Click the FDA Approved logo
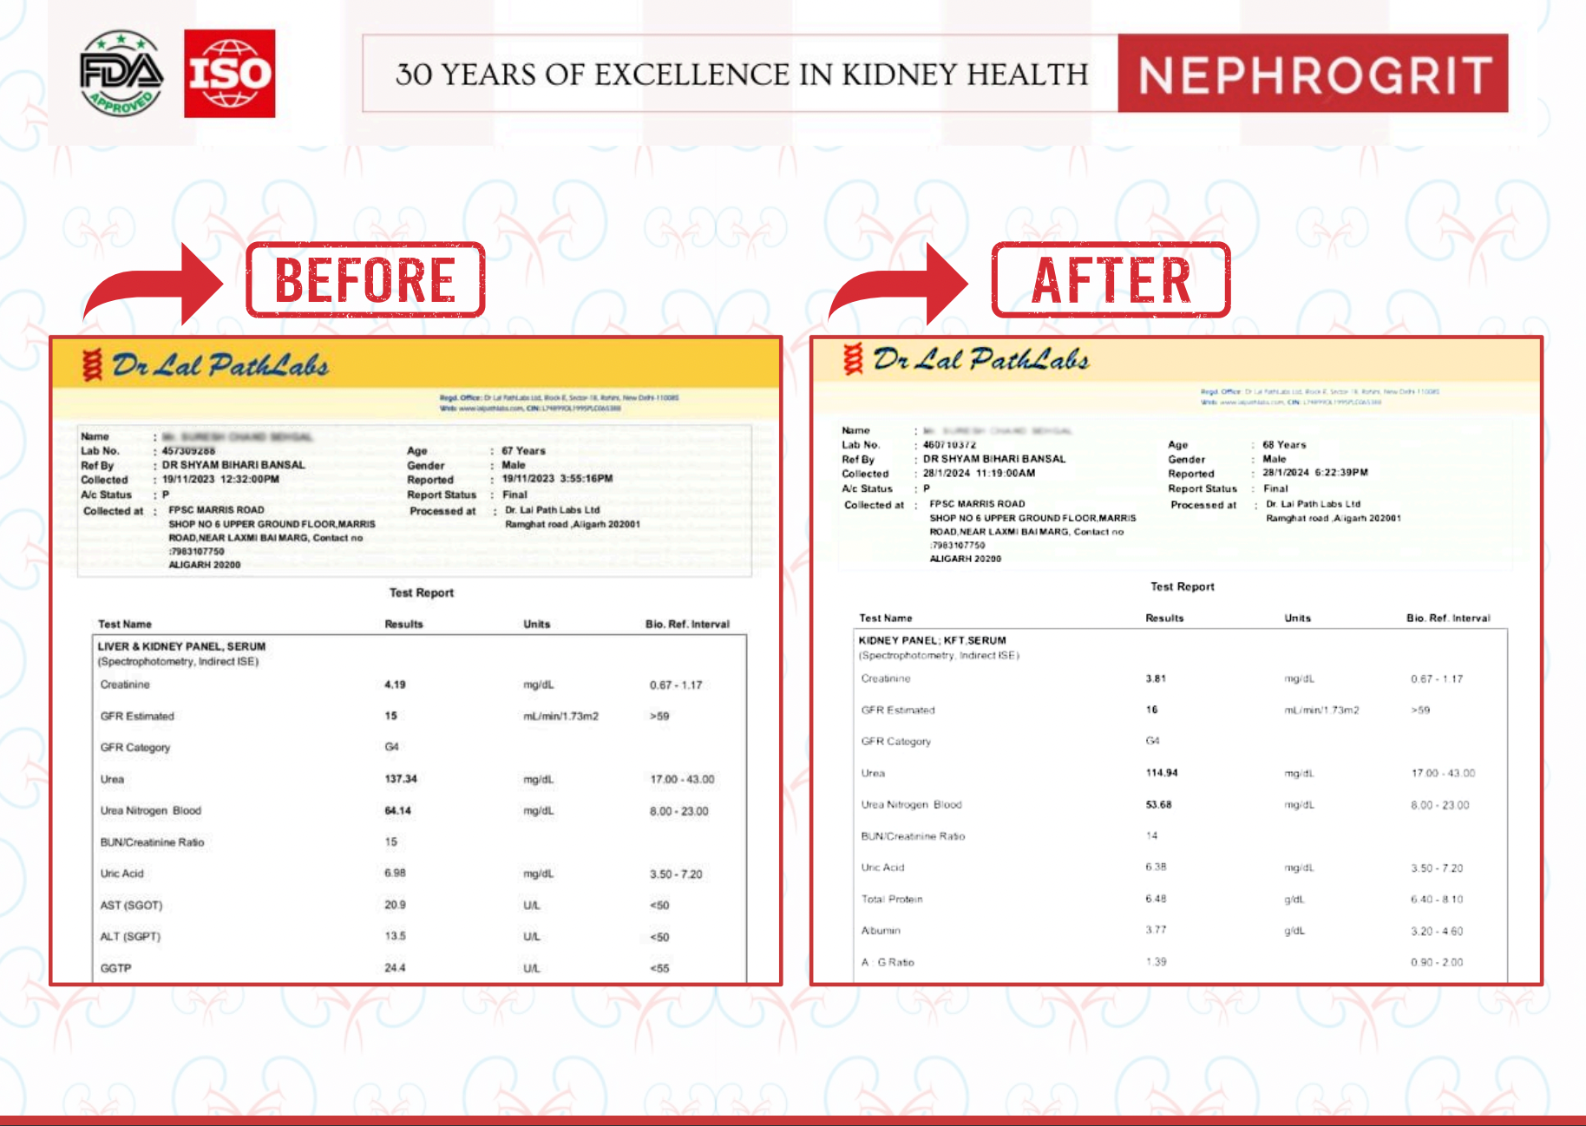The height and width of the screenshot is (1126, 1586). (121, 74)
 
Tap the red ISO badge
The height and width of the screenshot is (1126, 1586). (230, 74)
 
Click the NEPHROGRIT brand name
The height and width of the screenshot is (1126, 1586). (1314, 74)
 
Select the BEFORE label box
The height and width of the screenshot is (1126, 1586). (365, 280)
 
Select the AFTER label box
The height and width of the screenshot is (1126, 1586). (1111, 280)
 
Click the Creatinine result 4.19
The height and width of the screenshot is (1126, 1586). (395, 684)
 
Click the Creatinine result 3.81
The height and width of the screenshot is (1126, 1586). (1156, 678)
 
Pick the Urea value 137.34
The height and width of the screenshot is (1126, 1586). (401, 779)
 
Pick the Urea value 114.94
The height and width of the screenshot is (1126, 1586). (1162, 773)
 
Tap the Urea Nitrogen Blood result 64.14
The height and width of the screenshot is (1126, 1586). (398, 810)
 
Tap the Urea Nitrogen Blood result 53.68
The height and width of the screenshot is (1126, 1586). (1158, 805)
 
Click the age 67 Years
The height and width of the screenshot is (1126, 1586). (523, 451)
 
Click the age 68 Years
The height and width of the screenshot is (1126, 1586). (1284, 445)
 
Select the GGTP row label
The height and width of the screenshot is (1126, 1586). (115, 968)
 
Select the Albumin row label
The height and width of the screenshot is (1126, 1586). (881, 931)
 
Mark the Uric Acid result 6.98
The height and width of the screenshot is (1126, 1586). (395, 874)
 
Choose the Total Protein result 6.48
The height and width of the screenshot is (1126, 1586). (1156, 900)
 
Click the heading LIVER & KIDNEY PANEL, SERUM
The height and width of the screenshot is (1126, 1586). (181, 646)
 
